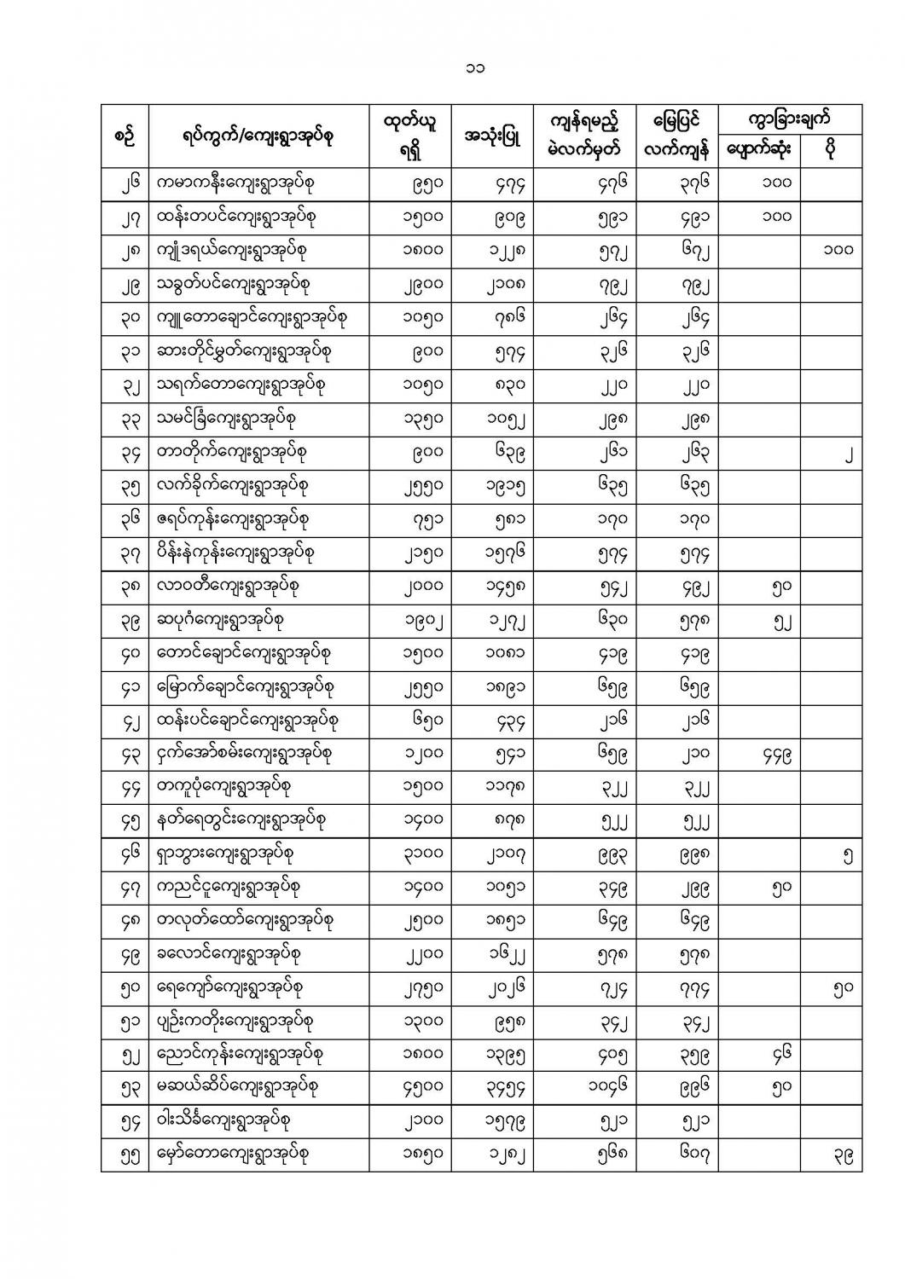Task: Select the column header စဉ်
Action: pos(125,134)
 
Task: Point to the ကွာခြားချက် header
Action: pos(789,118)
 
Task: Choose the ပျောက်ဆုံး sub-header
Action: pos(758,149)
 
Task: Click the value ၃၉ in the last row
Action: pos(841,1155)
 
